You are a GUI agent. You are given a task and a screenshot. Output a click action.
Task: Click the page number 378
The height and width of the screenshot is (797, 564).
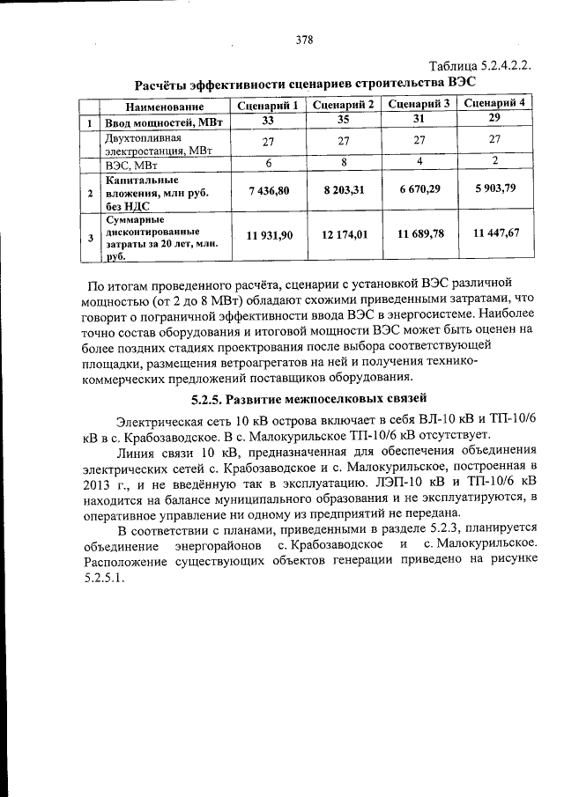tap(304, 39)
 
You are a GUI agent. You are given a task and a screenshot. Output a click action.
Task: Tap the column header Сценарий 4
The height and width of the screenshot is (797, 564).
tap(495, 102)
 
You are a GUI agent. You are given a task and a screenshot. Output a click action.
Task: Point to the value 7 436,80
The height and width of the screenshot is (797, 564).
tap(269, 191)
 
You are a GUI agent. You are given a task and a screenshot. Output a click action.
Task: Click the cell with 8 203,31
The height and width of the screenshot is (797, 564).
tap(344, 190)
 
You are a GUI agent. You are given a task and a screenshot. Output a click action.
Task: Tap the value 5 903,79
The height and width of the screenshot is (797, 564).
tap(495, 188)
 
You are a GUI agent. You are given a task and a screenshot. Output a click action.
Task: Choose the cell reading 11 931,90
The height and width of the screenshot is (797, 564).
tap(269, 236)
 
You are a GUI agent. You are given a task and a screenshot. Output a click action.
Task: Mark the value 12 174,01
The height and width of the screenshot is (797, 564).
tap(344, 235)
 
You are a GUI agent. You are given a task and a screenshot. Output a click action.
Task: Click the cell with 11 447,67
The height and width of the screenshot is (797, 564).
tap(495, 232)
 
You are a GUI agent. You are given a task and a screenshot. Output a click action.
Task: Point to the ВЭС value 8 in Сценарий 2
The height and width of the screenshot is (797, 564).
tap(345, 162)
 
